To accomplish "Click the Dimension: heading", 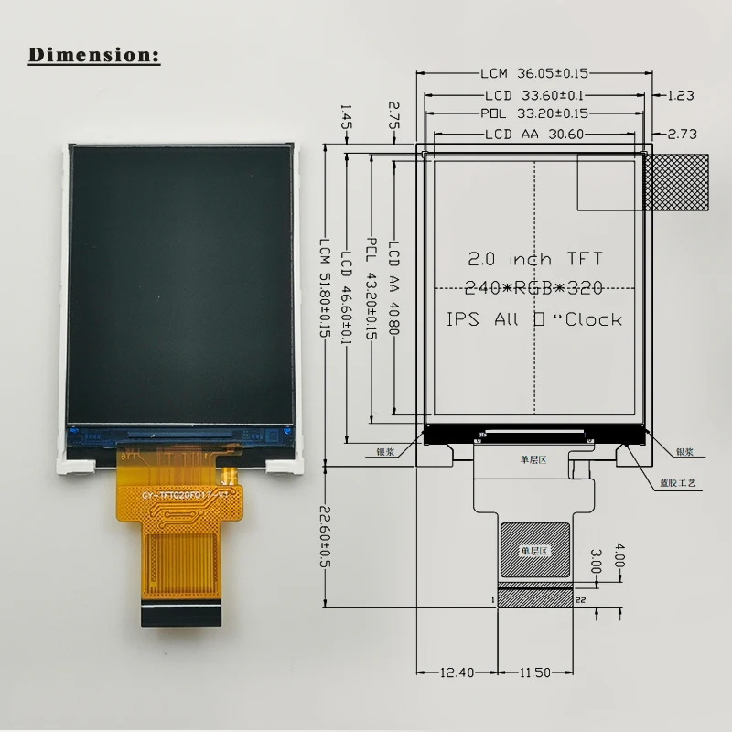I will [x=94, y=54].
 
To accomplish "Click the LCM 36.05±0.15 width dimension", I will [x=534, y=74].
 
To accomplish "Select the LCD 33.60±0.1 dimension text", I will [x=534, y=94].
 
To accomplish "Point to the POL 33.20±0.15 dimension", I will [x=534, y=113].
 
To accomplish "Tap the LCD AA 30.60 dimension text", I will [x=534, y=134].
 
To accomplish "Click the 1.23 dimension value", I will [x=682, y=94].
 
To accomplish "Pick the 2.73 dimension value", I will [x=683, y=134].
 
